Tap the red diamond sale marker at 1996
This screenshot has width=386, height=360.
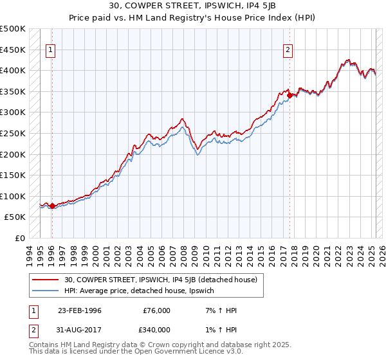pyautogui.click(x=52, y=206)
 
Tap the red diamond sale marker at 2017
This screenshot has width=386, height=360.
pyautogui.click(x=289, y=95)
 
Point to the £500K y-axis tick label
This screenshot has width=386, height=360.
pyautogui.click(x=13, y=29)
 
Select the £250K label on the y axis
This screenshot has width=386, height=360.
pyautogui.click(x=13, y=133)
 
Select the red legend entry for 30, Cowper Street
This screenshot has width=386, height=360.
pyautogui.click(x=160, y=280)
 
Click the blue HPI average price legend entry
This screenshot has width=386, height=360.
pyautogui.click(x=142, y=291)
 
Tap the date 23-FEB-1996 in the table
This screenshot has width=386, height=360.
pyautogui.click(x=79, y=310)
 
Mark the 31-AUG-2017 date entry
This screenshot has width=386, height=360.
pyautogui.click(x=79, y=330)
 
